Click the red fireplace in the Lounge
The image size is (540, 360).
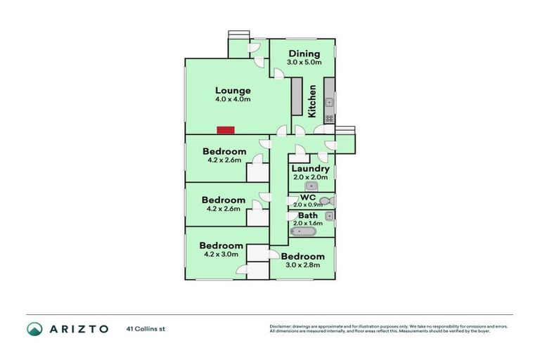coord(225,129)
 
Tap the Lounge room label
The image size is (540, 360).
coord(233,90)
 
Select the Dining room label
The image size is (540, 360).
coord(303,53)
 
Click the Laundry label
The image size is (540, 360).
coord(310,169)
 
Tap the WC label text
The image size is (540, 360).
coord(308,198)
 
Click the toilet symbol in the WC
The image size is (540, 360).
coord(324,201)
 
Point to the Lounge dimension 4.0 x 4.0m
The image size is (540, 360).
coord(233,99)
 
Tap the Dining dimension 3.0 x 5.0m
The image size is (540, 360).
coord(304,63)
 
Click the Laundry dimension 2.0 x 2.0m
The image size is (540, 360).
coord(310,177)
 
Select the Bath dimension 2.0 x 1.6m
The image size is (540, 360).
coord(308,223)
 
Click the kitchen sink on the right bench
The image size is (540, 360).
coord(329,103)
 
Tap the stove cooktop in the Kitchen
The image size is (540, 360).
coord(329,118)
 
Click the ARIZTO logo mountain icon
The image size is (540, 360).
coord(34,328)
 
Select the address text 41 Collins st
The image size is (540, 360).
coord(145,328)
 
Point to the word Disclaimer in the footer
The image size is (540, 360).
coord(281,326)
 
